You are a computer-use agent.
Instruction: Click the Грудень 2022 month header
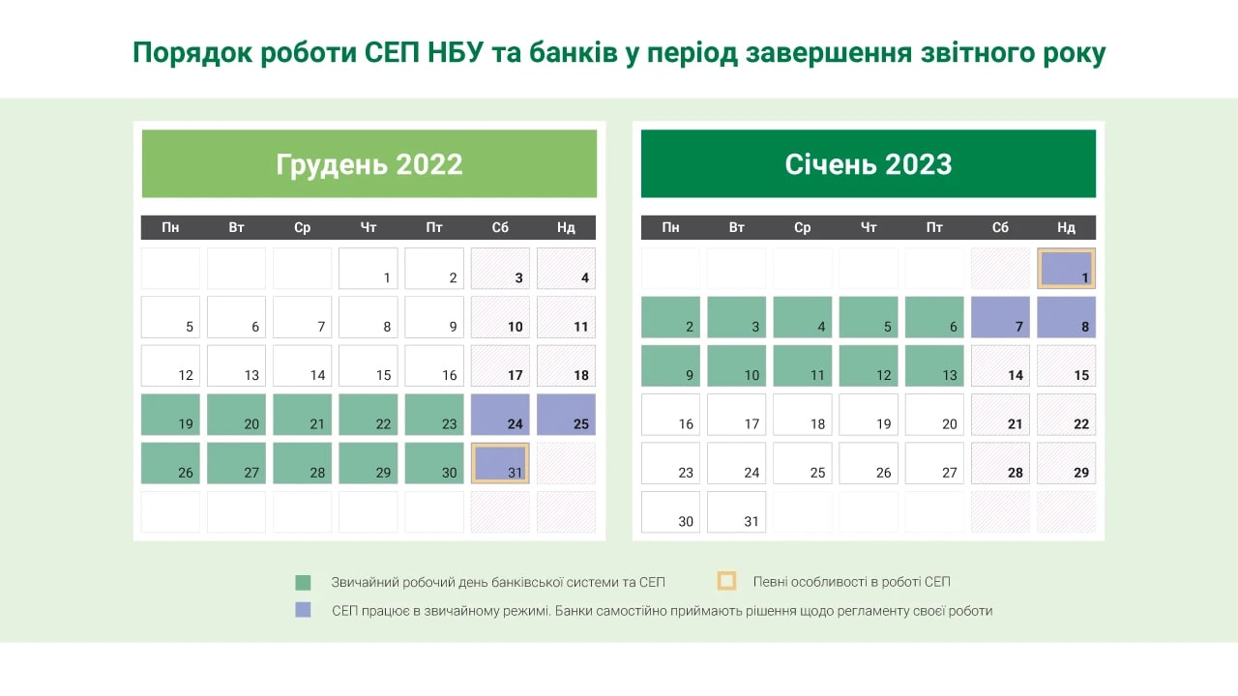pyautogui.click(x=369, y=163)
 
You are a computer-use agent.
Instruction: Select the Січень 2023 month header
pyautogui.click(x=868, y=163)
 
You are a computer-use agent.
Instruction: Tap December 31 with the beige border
pyautogui.click(x=500, y=463)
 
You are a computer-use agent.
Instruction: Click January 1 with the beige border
pyautogui.click(x=1066, y=269)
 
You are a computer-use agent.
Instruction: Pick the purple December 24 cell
pyautogui.click(x=500, y=414)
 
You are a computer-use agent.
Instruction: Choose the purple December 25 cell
pyautogui.click(x=566, y=414)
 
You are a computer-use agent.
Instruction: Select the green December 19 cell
pyautogui.click(x=170, y=414)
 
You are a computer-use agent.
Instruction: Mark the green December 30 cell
pyautogui.click(x=434, y=463)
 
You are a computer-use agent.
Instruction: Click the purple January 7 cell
pyautogui.click(x=1000, y=317)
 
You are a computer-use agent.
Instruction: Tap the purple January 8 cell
pyautogui.click(x=1066, y=317)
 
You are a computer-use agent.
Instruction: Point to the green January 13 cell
pyautogui.click(x=934, y=365)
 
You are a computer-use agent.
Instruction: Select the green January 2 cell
pyautogui.click(x=670, y=317)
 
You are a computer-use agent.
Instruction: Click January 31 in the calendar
pyautogui.click(x=736, y=511)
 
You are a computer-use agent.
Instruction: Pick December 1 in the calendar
pyautogui.click(x=368, y=269)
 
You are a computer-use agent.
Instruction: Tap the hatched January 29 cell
pyautogui.click(x=1066, y=463)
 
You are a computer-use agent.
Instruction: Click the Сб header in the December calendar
pyautogui.click(x=500, y=227)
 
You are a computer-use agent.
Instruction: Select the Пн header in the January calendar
pyautogui.click(x=670, y=227)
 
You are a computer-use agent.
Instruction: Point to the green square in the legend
pyautogui.click(x=304, y=583)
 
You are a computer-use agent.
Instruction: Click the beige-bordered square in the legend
pyautogui.click(x=726, y=581)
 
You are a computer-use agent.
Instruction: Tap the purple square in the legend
pyautogui.click(x=304, y=610)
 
